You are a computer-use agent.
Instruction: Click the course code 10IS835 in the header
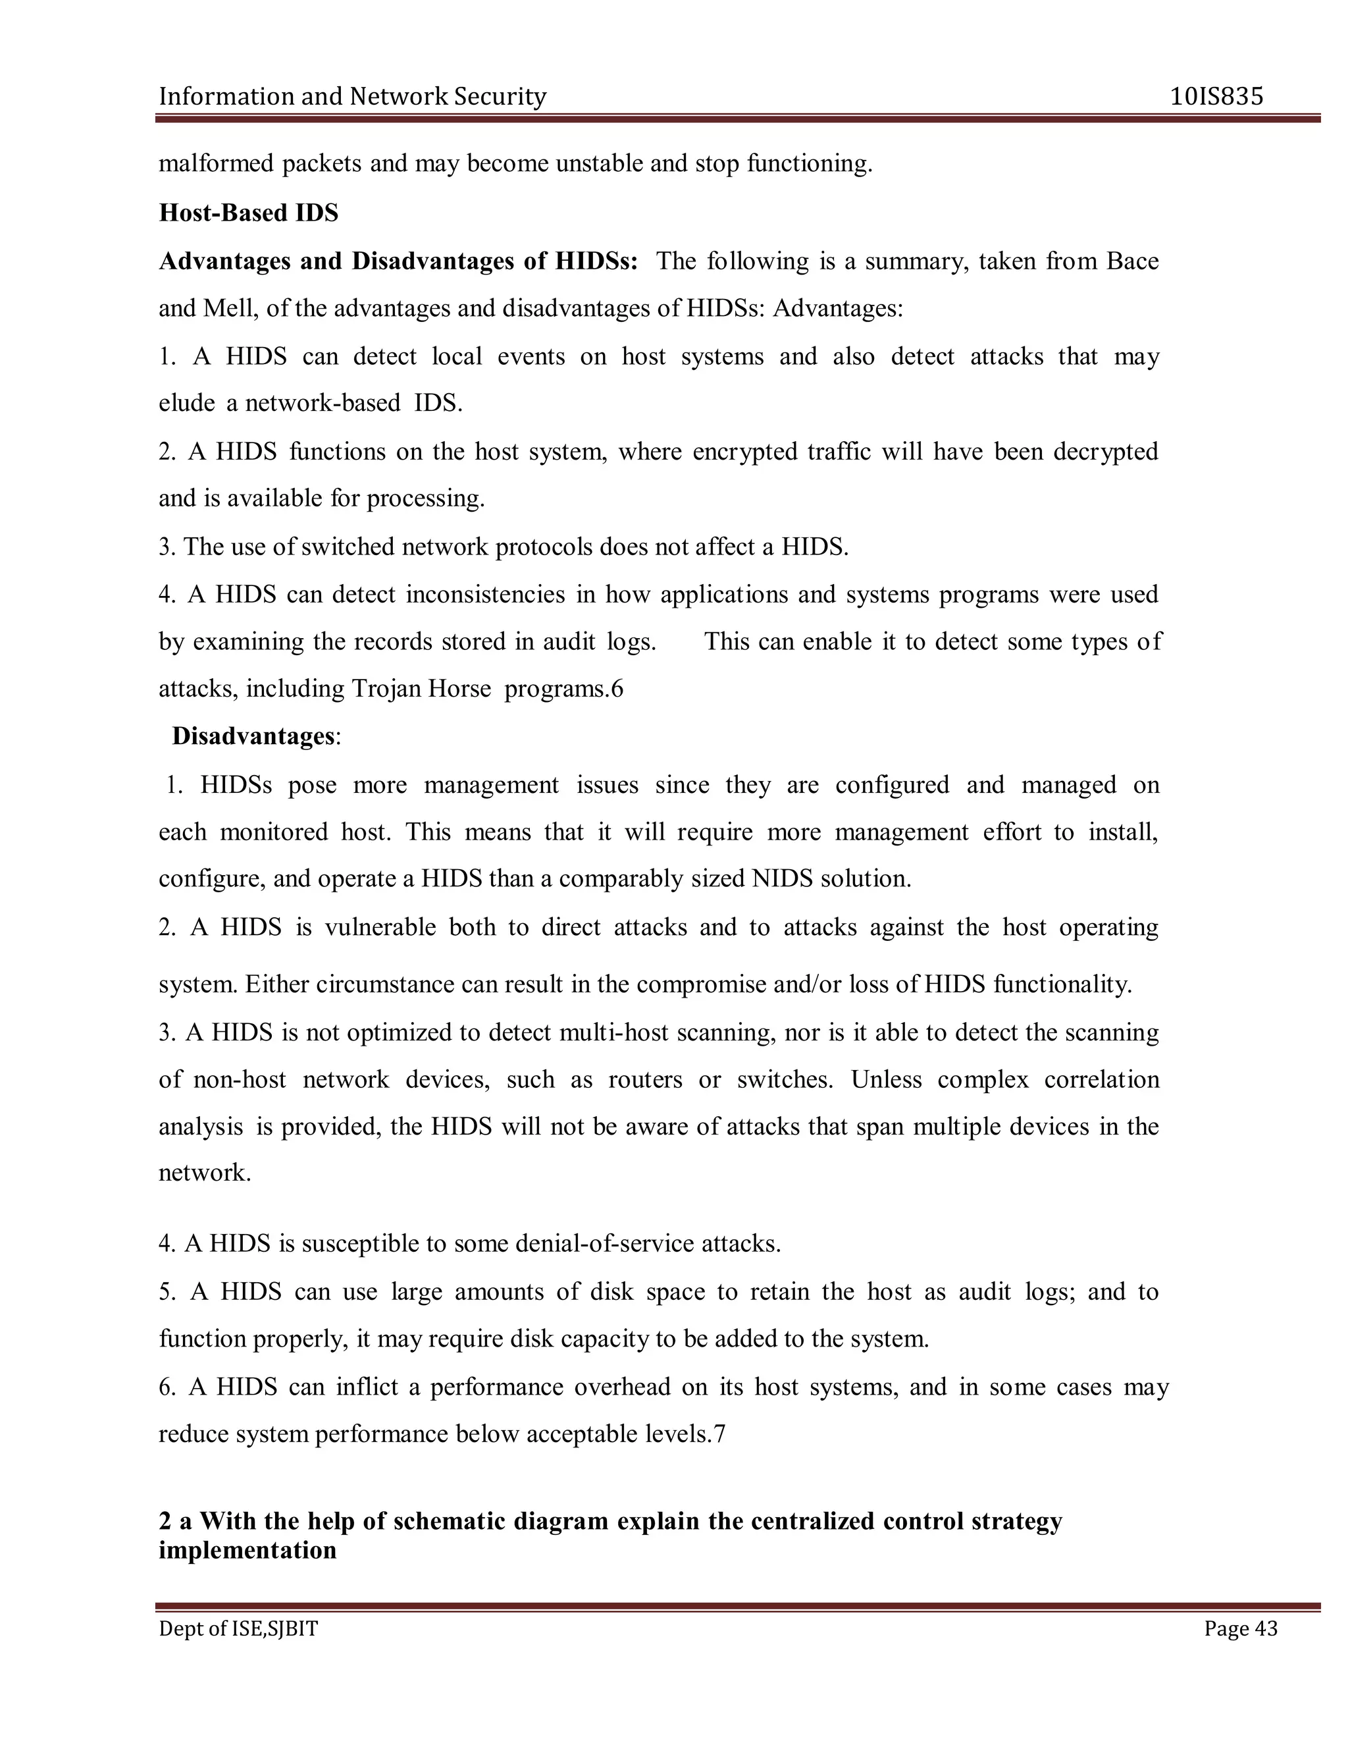click(1216, 97)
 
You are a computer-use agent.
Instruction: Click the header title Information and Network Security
click(352, 97)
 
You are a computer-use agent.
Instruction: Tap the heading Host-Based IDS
click(248, 213)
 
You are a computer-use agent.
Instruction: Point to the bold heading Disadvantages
click(252, 736)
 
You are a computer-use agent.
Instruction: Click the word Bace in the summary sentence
click(1132, 261)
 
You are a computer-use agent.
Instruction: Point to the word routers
click(644, 1079)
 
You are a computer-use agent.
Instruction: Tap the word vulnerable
click(379, 927)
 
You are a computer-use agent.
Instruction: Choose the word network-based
click(323, 403)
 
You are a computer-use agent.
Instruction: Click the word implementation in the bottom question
click(247, 1550)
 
